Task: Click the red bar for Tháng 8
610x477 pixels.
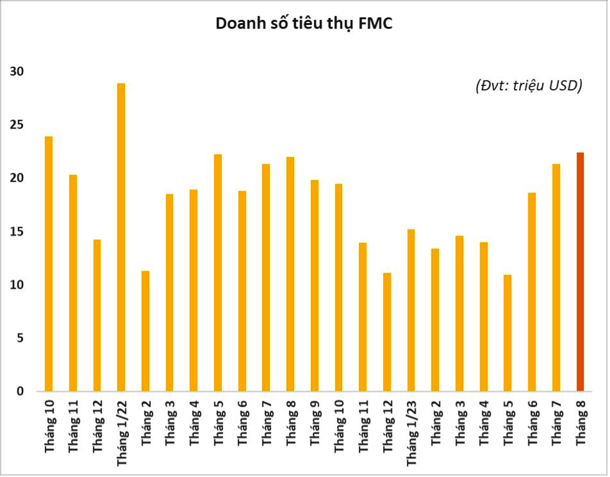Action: click(580, 272)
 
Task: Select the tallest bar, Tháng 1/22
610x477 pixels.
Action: click(121, 237)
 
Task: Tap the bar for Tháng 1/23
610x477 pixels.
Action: click(411, 310)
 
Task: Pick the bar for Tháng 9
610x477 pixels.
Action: click(314, 286)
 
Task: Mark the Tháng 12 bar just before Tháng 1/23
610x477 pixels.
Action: click(386, 332)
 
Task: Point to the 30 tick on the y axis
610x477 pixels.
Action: click(17, 72)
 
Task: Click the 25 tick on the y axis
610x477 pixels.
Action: click(17, 125)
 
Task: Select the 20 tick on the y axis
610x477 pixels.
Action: click(17, 178)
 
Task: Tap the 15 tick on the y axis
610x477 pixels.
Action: click(17, 232)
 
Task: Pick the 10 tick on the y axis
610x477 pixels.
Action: click(17, 285)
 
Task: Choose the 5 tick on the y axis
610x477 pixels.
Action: click(20, 338)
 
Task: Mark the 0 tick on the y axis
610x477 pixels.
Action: click(20, 392)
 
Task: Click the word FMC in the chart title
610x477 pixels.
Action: click(376, 23)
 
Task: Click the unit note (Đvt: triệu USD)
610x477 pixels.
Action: click(528, 85)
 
